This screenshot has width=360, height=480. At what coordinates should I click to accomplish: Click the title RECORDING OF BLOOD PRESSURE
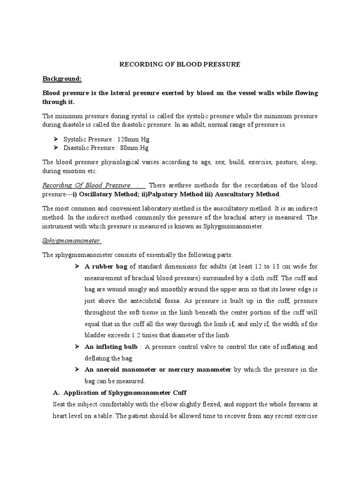pos(180,64)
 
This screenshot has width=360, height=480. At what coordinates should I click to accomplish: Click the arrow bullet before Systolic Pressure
pos(56,139)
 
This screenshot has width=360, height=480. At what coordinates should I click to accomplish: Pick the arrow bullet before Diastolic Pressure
pos(56,148)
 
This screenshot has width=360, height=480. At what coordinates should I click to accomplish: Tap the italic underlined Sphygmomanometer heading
pos(72,240)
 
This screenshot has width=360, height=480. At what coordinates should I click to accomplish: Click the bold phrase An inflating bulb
pos(111,346)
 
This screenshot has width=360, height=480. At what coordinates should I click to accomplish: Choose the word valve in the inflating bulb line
pos(204,347)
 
